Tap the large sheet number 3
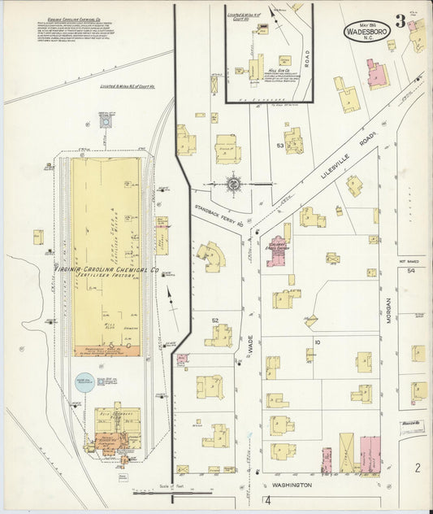(x=400, y=22)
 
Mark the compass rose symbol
(x=233, y=184)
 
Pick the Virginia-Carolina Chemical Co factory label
(x=106, y=268)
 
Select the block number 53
(x=279, y=146)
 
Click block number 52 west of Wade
(x=215, y=320)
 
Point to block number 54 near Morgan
(x=411, y=270)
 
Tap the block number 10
(x=317, y=342)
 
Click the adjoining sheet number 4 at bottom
(x=266, y=499)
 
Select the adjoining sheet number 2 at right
(x=416, y=467)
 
